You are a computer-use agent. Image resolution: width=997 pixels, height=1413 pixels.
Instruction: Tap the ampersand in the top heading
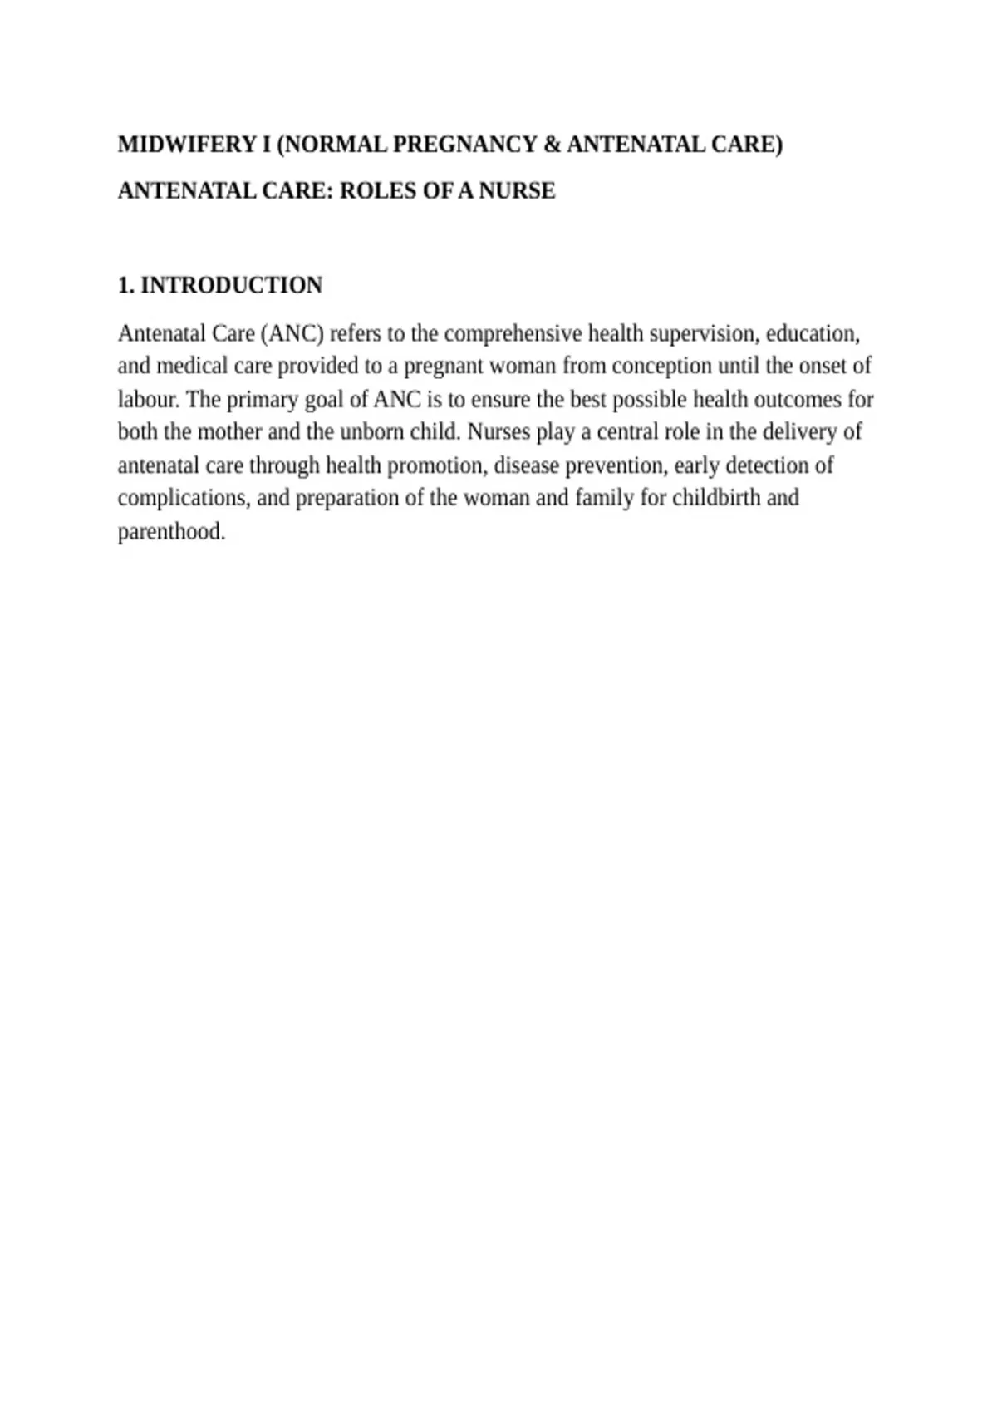pos(552,145)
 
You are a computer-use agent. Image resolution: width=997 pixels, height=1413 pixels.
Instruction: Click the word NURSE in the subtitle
pos(517,191)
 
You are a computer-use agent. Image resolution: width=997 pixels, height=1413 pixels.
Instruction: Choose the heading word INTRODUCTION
pos(231,285)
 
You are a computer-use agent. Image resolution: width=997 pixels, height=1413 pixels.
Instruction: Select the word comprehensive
pos(513,333)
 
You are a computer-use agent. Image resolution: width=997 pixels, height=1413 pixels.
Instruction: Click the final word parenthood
pos(171,531)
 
